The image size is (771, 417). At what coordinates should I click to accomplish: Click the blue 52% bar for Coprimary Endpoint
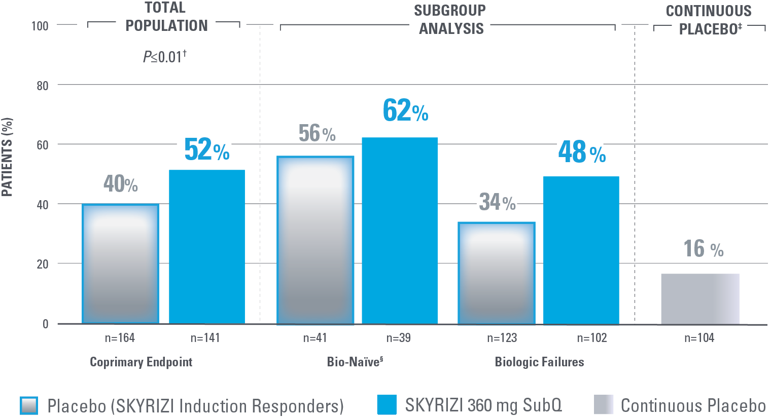[x=206, y=247]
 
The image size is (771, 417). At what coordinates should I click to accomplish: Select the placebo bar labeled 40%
[x=120, y=263]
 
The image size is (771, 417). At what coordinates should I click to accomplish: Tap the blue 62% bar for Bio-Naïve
[x=399, y=231]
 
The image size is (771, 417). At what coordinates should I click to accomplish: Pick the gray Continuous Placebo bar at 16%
[x=700, y=298]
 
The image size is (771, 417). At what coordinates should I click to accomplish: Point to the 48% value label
[x=581, y=152]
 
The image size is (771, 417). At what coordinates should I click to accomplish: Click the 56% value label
[x=317, y=134]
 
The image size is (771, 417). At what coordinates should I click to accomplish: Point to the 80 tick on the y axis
[x=43, y=86]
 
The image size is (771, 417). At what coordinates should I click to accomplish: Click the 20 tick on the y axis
[x=43, y=264]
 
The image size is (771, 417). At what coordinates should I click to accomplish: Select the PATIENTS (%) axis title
[x=7, y=157]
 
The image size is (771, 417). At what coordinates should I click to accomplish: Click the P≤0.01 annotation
[x=164, y=56]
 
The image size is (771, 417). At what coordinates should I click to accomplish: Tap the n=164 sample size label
[x=120, y=338]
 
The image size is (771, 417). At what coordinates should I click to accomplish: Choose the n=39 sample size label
[x=398, y=338]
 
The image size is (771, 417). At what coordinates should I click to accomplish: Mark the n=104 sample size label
[x=699, y=338]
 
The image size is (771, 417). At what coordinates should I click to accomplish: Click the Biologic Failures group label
[x=539, y=362]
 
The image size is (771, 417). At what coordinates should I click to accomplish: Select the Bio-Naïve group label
[x=355, y=362]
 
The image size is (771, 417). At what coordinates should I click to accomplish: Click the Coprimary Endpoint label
[x=141, y=362]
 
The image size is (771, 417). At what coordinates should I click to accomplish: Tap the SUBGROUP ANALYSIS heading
[x=450, y=19]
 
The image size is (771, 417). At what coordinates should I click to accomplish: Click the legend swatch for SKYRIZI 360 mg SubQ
[x=387, y=405]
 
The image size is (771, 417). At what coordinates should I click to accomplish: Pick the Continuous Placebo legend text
[x=693, y=406]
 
